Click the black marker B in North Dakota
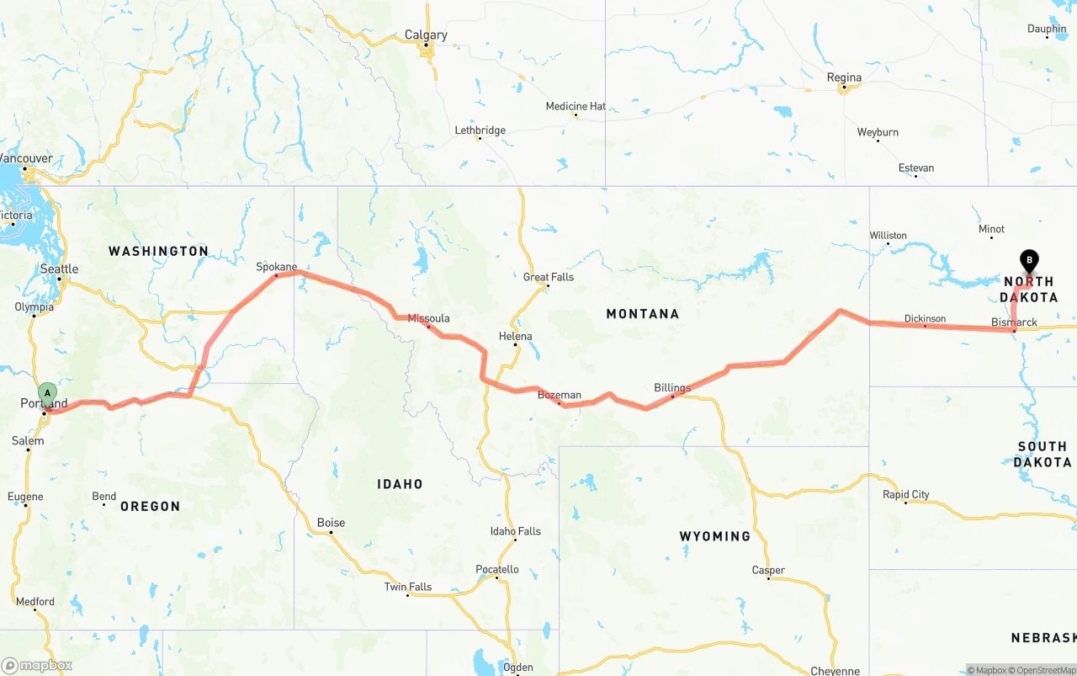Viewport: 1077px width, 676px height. (1028, 261)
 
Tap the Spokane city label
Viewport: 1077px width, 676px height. (277, 267)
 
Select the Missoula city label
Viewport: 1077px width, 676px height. (428, 318)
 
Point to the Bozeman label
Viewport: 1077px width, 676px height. (560, 395)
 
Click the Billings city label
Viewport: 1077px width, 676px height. (672, 388)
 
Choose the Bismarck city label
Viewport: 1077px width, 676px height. (1014, 322)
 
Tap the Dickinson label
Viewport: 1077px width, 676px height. (925, 319)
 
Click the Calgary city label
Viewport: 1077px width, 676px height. (426, 35)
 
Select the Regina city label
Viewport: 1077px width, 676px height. (844, 77)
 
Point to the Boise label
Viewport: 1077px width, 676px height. (331, 523)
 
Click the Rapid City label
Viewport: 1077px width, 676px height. (905, 494)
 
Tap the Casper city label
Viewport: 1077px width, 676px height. (768, 570)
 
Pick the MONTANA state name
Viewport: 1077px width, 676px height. (642, 314)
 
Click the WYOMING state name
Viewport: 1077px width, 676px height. (714, 535)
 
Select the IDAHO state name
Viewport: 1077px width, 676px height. (400, 484)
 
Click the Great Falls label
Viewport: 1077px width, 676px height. (548, 277)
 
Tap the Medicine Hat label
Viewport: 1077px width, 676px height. (576, 106)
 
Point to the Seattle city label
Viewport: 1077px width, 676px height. (60, 269)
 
